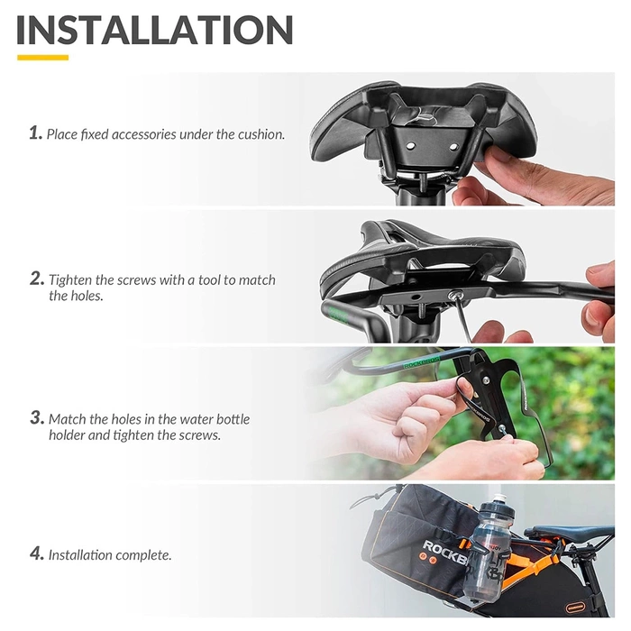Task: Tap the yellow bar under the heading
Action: coord(42,58)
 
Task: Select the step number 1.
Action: coord(35,133)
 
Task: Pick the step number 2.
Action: coord(36,279)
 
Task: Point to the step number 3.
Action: coord(36,418)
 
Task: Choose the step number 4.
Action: coord(36,553)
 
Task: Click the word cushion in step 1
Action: coord(261,134)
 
